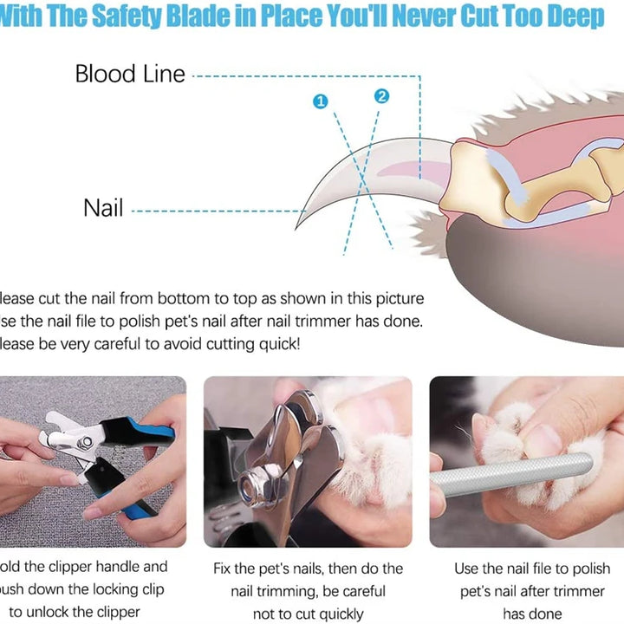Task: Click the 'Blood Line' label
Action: (130, 74)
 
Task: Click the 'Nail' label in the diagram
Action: (103, 208)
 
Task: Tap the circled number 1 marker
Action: (321, 102)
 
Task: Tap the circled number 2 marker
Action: (382, 96)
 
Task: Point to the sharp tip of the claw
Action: (299, 224)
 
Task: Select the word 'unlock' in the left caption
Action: (65, 612)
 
